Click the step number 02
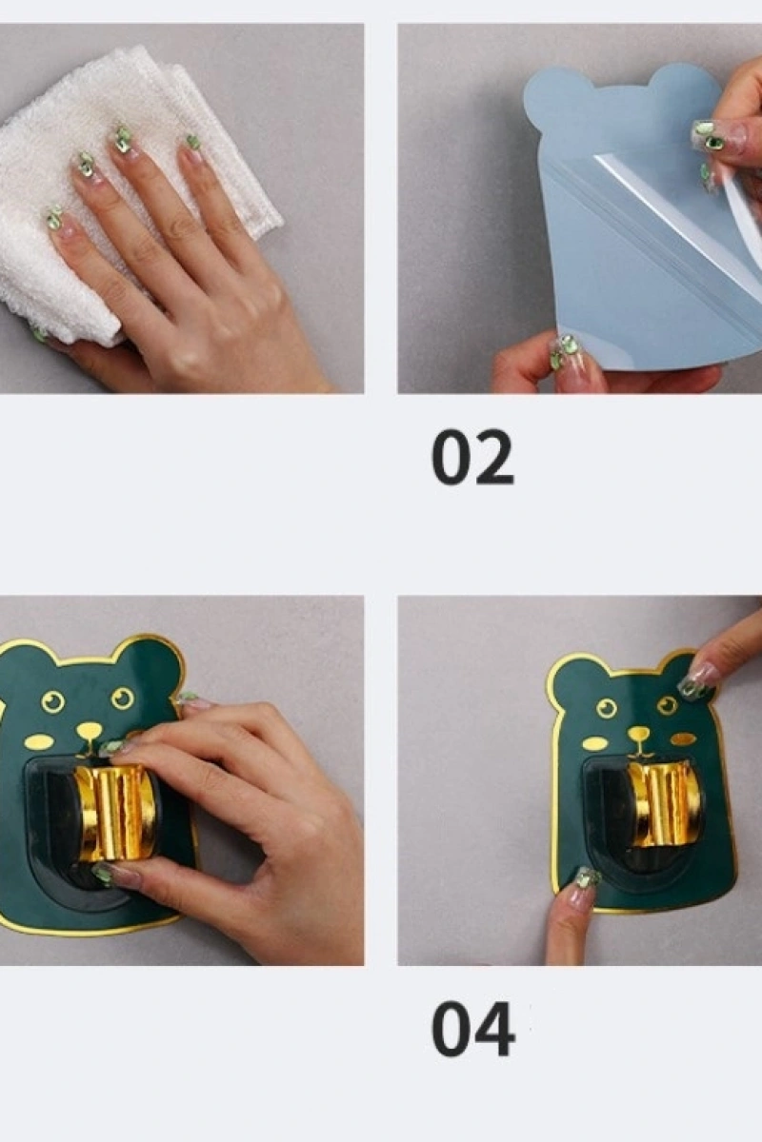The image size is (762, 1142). click(472, 458)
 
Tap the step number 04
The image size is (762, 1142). click(472, 1030)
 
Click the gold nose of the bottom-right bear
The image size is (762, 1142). click(637, 735)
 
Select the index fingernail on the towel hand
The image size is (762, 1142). click(123, 138)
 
